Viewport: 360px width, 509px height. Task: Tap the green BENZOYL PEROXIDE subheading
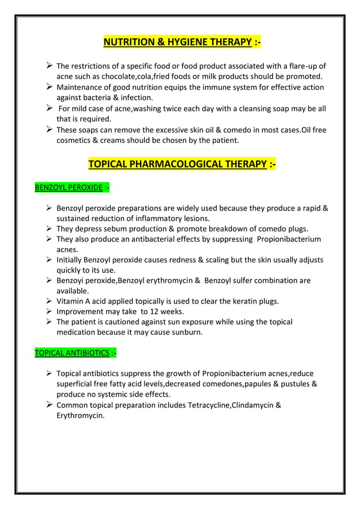(x=68, y=187)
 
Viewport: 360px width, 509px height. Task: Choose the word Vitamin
(x=71, y=301)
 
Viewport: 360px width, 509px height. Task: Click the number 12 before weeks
(x=166, y=311)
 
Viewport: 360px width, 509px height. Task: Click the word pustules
(x=291, y=384)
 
